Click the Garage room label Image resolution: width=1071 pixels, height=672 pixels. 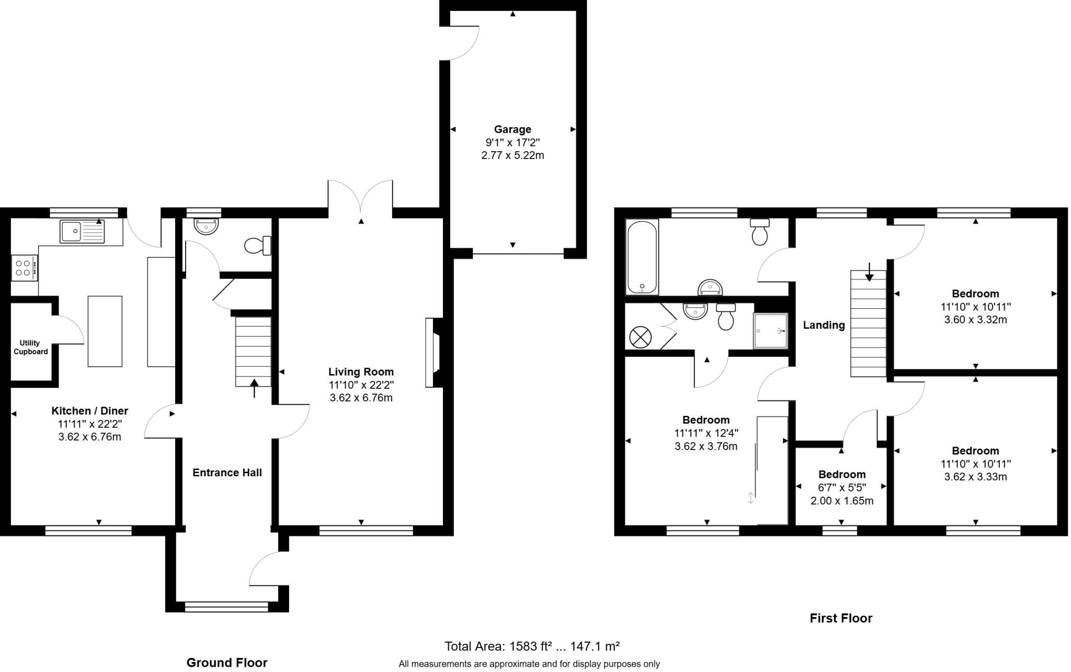point(512,129)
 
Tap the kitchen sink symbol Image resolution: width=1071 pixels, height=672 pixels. point(83,231)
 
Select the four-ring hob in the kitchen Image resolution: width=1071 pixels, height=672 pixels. point(24,268)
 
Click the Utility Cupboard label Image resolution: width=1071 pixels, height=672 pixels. point(30,348)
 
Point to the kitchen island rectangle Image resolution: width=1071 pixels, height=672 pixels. point(105,331)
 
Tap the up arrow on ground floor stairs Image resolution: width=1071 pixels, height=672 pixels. point(254,388)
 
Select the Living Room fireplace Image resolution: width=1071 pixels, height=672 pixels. point(434,352)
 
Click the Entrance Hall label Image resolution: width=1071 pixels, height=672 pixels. point(227,473)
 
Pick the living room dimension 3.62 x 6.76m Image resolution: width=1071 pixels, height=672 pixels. point(361,398)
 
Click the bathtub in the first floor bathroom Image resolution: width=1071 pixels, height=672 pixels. point(642,256)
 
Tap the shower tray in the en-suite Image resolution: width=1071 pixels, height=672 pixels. point(770,331)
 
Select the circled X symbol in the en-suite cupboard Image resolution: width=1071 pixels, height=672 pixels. point(640,337)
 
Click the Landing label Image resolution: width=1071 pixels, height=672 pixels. point(824,325)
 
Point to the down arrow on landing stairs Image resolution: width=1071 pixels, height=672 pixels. point(869,272)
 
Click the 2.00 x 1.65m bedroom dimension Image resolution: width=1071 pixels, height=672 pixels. point(841,501)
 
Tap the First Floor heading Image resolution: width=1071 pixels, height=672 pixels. point(840,618)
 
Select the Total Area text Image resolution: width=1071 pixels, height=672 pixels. point(532,646)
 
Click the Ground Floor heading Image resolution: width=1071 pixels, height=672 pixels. point(227,663)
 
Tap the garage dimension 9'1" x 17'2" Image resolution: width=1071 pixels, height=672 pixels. point(512,142)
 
